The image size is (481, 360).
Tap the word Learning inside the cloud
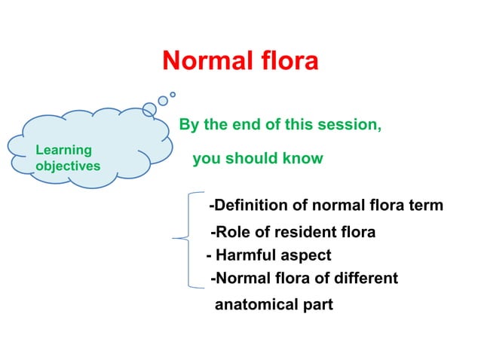click(x=63, y=150)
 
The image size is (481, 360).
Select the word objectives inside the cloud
click(x=68, y=166)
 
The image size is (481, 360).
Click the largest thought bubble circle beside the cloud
click(x=149, y=109)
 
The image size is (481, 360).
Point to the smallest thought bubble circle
click(x=173, y=94)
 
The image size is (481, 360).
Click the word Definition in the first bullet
click(x=248, y=206)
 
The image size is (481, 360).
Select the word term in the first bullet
click(x=426, y=206)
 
